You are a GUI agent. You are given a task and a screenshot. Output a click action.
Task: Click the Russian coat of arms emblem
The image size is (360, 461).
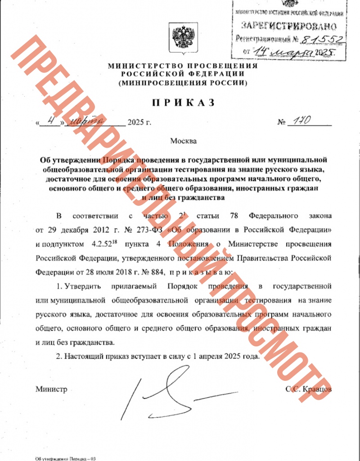[183, 37]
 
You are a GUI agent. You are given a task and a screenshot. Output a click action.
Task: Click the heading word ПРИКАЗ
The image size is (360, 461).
[183, 103]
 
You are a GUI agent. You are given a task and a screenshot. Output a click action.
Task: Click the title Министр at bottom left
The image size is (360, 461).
[51, 389]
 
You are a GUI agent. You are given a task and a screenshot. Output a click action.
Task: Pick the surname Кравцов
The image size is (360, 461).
[317, 389]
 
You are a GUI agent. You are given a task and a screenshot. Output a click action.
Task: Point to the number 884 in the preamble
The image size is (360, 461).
[151, 272]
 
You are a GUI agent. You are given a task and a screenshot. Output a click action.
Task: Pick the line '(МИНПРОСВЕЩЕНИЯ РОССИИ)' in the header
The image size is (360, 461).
[183, 84]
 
